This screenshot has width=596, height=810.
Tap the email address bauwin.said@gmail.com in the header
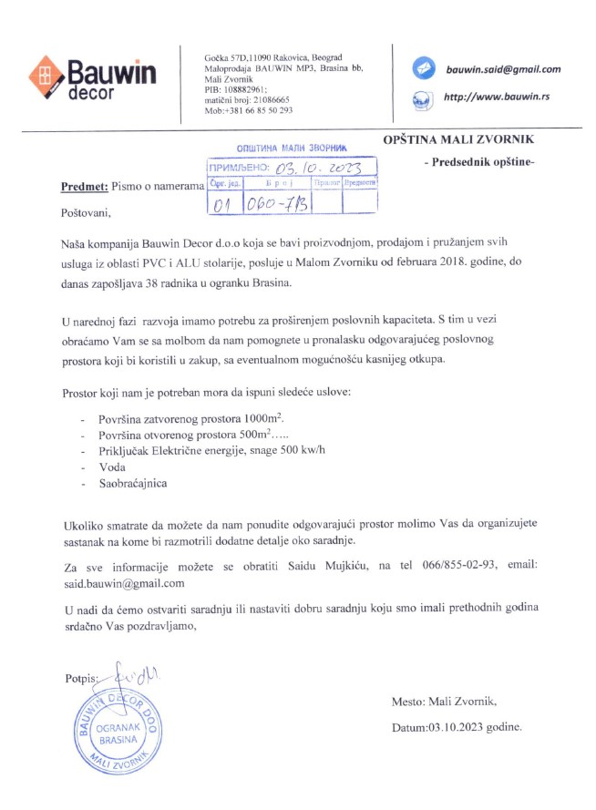pyautogui.click(x=502, y=68)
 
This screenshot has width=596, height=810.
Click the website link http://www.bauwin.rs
pyautogui.click(x=495, y=97)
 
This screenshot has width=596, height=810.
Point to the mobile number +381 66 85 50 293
pyautogui.click(x=248, y=110)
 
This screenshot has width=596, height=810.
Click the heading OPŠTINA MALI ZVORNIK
pyautogui.click(x=461, y=139)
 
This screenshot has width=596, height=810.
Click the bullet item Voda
pyautogui.click(x=111, y=466)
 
